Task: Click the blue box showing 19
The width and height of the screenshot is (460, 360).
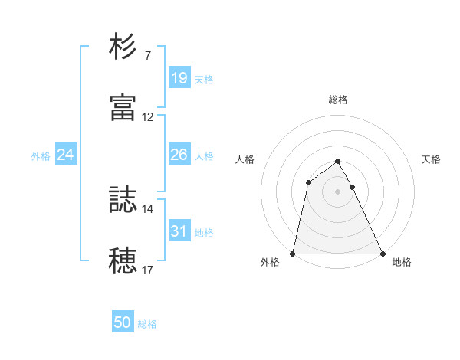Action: [179, 78]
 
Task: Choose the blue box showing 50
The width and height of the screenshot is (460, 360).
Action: [123, 323]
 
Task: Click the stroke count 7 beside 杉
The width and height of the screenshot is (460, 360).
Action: [147, 56]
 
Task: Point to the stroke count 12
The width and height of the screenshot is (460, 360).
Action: [148, 117]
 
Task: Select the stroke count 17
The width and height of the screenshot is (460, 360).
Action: [148, 270]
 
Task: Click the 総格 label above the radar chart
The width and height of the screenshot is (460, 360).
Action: [338, 100]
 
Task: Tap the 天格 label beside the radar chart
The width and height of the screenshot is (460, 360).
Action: [432, 159]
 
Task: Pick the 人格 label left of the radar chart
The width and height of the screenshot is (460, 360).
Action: [245, 159]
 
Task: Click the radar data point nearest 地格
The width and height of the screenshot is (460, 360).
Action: [382, 254]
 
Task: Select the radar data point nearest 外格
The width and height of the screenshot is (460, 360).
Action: [293, 254]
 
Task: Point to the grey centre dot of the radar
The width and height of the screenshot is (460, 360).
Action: [338, 191]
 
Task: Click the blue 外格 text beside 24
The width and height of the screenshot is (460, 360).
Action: [41, 156]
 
